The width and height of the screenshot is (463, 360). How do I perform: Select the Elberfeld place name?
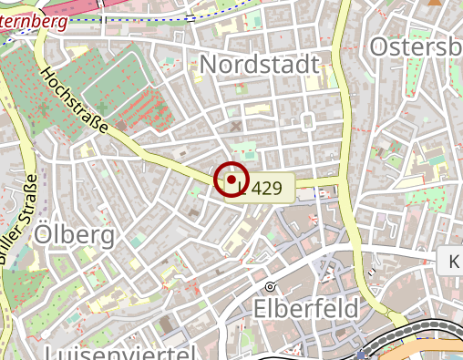click(306, 309)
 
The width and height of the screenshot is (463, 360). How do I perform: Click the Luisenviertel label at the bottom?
click(119, 353)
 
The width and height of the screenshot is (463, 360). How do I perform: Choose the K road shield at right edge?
click(452, 262)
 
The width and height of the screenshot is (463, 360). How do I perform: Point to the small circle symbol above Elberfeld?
click(270, 286)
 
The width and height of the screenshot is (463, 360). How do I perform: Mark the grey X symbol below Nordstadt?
click(236, 126)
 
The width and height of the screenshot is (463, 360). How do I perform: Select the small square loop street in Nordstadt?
click(308, 120)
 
